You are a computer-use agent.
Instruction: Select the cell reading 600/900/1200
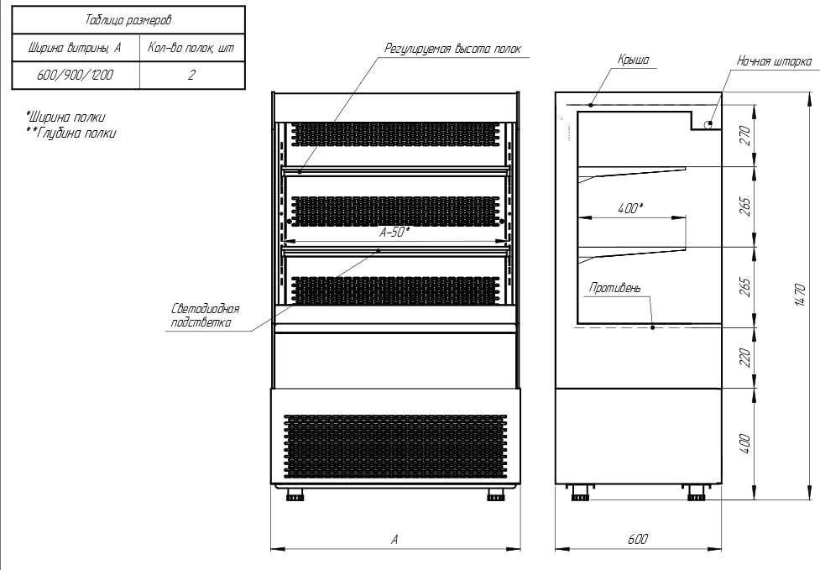coord(76,75)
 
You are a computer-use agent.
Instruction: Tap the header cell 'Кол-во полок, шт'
coord(192,48)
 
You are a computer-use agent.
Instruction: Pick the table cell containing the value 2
coord(192,75)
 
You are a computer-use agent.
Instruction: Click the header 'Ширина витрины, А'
coord(76,48)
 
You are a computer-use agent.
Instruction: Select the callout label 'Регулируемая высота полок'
coord(452,49)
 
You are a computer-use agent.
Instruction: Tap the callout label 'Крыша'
coord(633,60)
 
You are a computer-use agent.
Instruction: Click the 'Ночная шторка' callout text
coord(774,61)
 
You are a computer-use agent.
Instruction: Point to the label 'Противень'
coord(615,289)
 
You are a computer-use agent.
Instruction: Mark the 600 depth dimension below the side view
coord(638,540)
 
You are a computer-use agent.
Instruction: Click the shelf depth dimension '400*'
coord(630,208)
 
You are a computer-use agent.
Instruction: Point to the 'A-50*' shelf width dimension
coord(394,233)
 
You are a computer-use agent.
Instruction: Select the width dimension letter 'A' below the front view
coord(394,540)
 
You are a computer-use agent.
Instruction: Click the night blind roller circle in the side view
coord(709,123)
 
